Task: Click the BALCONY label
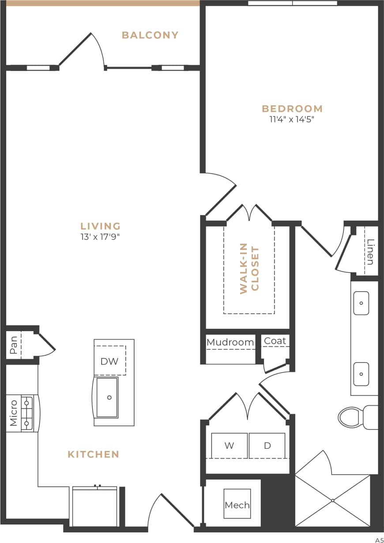point(150,35)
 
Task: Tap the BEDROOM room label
point(292,108)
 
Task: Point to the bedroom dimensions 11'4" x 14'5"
point(292,119)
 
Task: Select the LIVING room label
point(101,226)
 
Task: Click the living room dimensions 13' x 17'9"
point(101,237)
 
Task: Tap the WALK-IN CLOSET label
point(249,270)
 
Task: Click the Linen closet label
point(370,252)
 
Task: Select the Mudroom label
point(230,342)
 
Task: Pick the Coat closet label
point(275,341)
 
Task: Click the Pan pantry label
point(14,345)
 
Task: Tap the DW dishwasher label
point(109,361)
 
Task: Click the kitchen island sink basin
point(107,397)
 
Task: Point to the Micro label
point(14,413)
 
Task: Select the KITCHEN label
point(94,454)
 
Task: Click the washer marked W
point(229,446)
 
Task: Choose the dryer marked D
point(267,446)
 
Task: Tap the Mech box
point(237,505)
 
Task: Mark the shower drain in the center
point(332,500)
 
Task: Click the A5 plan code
point(379,539)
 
